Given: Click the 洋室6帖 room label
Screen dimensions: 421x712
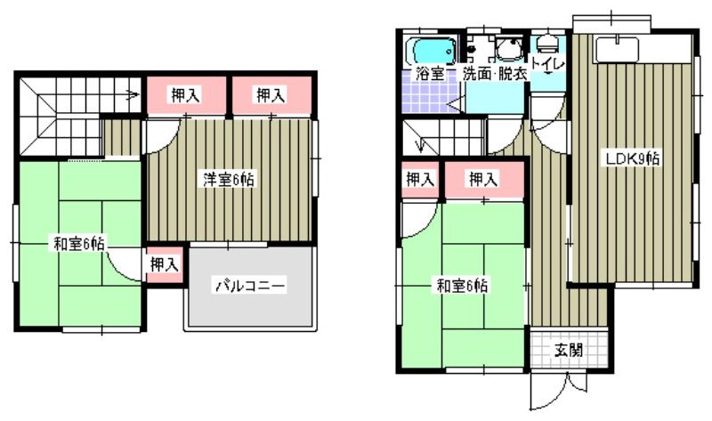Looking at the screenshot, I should [229, 180].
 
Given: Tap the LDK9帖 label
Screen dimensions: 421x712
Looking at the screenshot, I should [633, 160].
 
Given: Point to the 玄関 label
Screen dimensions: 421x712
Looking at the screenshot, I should [570, 350].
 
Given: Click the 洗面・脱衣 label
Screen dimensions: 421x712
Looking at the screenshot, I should [495, 74].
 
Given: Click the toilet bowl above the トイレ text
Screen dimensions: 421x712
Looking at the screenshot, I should [547, 42].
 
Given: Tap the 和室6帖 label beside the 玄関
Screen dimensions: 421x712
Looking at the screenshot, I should [462, 286].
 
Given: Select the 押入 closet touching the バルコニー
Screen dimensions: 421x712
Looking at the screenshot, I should [164, 264].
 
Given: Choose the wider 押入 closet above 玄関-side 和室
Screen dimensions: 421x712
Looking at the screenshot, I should [483, 180].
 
